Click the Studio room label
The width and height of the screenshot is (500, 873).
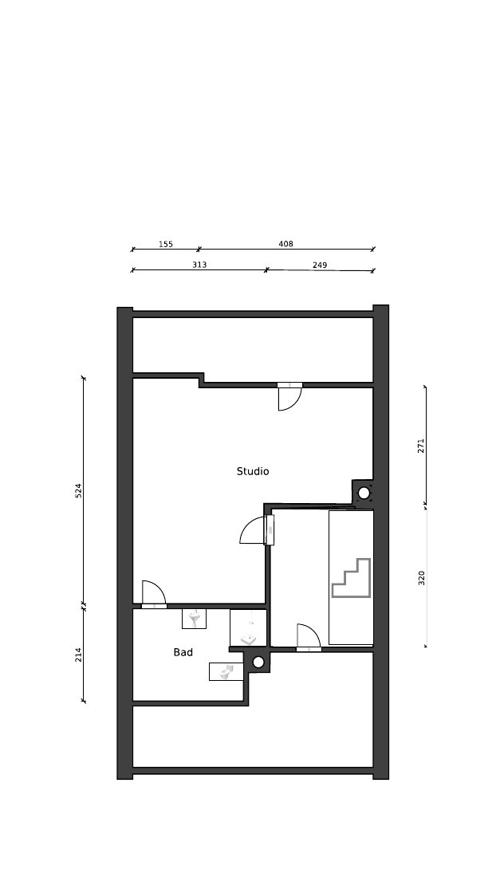253,471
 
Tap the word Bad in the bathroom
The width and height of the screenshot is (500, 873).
183,652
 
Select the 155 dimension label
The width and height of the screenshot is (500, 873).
166,244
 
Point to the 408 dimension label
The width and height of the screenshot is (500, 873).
285,244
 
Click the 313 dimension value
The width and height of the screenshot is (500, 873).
199,265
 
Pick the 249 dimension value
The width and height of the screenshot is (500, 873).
320,265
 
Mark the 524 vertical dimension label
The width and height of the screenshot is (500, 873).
78,490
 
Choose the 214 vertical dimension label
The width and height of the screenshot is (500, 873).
78,655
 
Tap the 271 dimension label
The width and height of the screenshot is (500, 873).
421,446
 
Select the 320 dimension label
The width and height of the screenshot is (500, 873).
422,578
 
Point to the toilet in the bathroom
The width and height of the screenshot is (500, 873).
226,671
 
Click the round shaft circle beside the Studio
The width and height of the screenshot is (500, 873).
364,493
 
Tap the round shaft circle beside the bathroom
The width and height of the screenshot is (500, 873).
258,662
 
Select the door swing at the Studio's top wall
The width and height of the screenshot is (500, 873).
290,396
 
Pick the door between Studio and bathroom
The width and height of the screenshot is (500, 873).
154,594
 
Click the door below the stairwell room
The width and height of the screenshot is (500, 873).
309,637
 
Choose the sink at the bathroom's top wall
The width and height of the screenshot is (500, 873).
195,619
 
